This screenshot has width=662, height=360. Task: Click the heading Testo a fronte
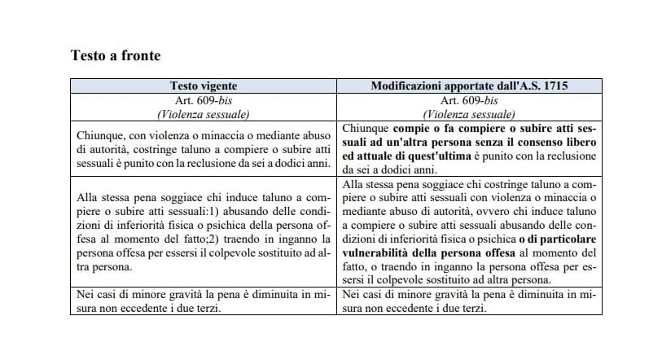click(116, 56)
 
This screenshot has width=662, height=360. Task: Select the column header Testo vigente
click(202, 86)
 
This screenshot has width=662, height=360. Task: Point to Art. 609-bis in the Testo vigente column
click(202, 99)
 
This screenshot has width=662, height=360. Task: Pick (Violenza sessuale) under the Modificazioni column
click(471, 114)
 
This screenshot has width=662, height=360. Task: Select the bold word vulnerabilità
click(383, 251)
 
